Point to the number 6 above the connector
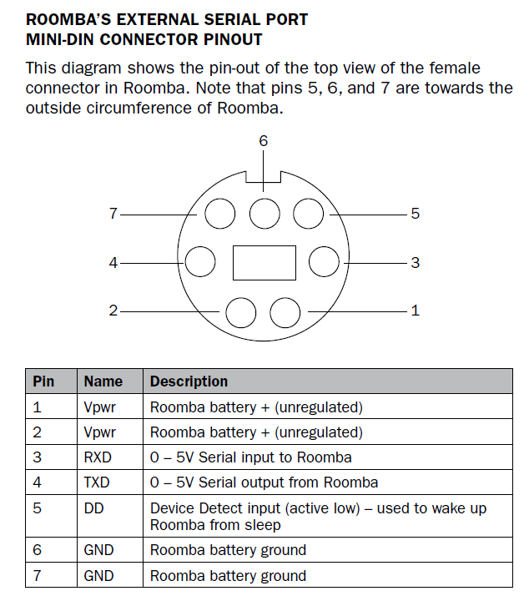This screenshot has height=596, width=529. (x=264, y=141)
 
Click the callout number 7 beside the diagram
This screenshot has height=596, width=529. (x=113, y=214)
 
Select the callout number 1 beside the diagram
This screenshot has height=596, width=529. (x=416, y=311)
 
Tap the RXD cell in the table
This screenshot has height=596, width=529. (x=98, y=457)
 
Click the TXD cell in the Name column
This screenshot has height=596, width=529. (x=97, y=482)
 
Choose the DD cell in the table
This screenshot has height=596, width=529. (x=93, y=508)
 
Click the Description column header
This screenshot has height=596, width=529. (x=189, y=381)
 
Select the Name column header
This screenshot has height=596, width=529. (x=103, y=381)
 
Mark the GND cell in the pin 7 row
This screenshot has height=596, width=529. (x=98, y=576)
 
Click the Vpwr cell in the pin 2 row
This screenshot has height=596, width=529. (x=99, y=432)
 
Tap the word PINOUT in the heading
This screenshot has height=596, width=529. (x=233, y=39)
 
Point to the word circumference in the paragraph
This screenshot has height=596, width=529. (x=139, y=108)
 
